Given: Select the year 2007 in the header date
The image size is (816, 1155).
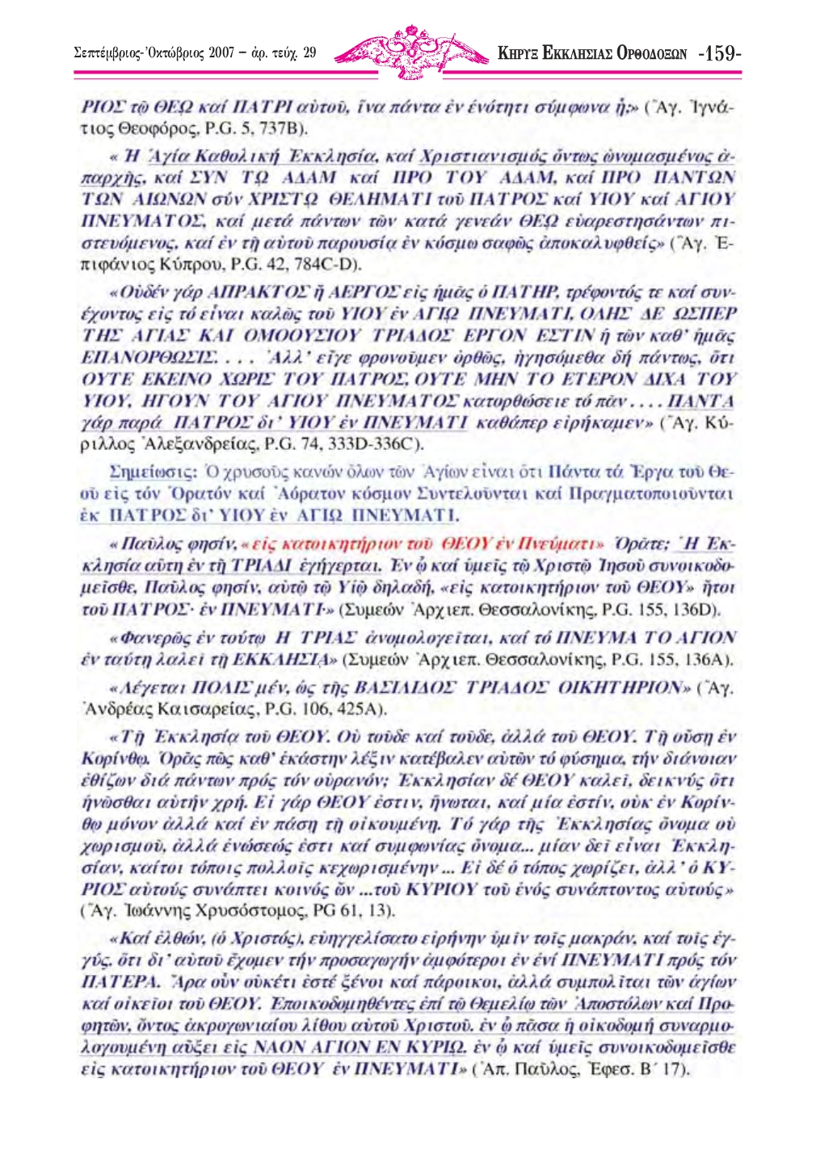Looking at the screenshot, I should point(221,54).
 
